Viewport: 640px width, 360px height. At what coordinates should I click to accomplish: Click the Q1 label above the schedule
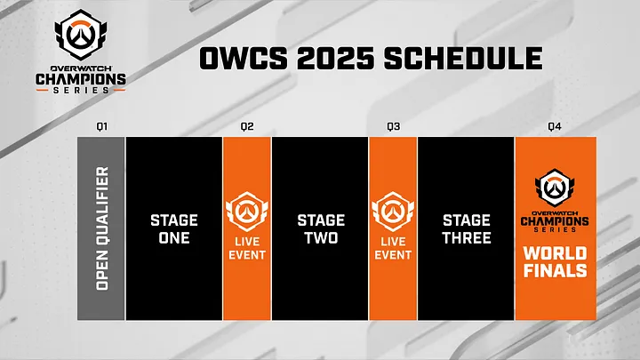(101, 126)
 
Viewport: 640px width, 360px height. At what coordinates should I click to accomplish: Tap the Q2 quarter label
(247, 126)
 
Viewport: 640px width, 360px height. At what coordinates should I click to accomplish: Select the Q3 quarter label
(393, 126)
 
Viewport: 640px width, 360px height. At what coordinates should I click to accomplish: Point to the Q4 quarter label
(555, 126)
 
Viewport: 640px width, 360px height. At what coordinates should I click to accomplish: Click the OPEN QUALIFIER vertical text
(101, 228)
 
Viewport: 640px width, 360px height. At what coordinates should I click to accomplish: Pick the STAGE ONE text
(174, 228)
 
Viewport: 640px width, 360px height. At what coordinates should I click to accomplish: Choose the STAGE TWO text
(320, 228)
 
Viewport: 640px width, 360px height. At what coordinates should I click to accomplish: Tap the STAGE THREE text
(466, 228)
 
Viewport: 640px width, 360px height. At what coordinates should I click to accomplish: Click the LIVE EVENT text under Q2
(247, 249)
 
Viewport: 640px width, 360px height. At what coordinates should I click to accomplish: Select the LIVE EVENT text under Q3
(393, 249)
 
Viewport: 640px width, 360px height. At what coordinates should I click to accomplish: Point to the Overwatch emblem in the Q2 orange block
(247, 210)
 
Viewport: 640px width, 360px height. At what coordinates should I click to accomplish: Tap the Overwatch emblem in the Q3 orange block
(393, 210)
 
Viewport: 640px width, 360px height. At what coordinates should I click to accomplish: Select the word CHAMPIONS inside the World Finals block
(556, 225)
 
